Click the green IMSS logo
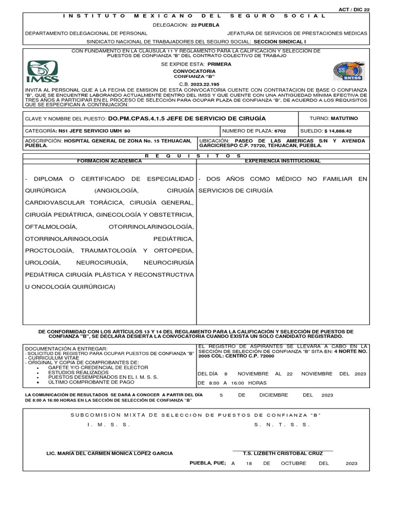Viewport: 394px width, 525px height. [43, 72]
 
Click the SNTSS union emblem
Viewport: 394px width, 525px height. [349, 72]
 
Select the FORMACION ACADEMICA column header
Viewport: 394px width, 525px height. [109, 161]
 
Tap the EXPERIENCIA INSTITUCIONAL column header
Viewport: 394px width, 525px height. [283, 161]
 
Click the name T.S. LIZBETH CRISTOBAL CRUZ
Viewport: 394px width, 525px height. [283, 453]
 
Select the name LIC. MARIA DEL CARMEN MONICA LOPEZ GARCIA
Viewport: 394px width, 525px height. [110, 453]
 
